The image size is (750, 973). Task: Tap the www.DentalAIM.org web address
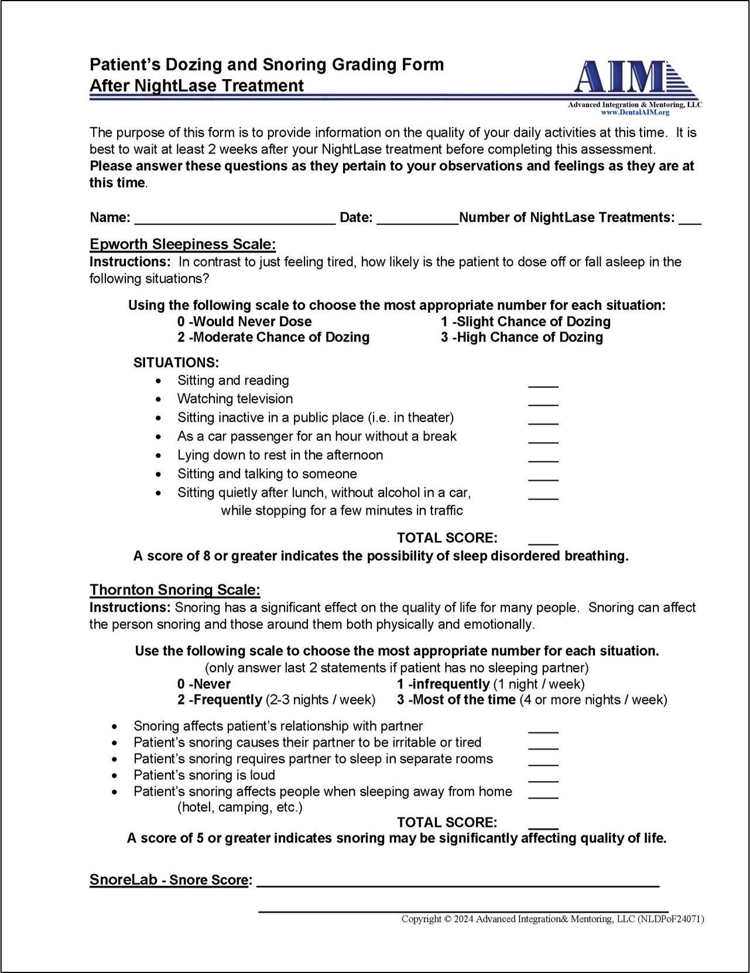[x=635, y=112]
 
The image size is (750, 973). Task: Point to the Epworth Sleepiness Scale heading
[x=182, y=244]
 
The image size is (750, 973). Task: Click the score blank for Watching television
[x=543, y=402]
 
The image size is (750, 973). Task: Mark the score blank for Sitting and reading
[x=543, y=383]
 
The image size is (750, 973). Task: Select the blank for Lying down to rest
[x=543, y=458]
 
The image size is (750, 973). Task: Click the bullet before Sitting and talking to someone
[x=160, y=474]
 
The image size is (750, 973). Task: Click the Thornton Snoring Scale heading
[x=174, y=590]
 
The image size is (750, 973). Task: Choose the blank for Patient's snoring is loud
[x=543, y=778]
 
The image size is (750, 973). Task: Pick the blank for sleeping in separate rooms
[x=543, y=762]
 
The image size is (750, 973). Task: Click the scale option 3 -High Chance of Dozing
[x=522, y=337]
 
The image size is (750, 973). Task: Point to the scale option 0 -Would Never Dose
[x=244, y=321]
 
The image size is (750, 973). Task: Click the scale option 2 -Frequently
[x=220, y=700]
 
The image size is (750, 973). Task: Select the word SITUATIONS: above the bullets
[x=176, y=362]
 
